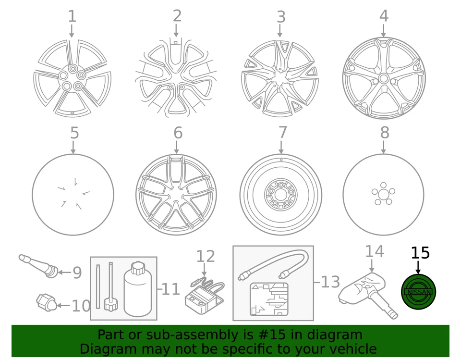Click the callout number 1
click(72, 16)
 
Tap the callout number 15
click(420, 253)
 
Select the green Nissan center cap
click(418, 292)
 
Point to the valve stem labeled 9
click(39, 266)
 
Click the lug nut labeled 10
click(46, 303)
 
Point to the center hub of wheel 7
click(281, 195)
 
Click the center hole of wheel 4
click(383, 78)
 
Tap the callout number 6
click(178, 133)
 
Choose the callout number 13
click(330, 282)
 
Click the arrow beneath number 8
click(384, 148)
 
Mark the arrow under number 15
click(418, 267)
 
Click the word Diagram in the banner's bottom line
click(101, 349)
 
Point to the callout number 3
click(281, 17)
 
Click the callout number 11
click(170, 289)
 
